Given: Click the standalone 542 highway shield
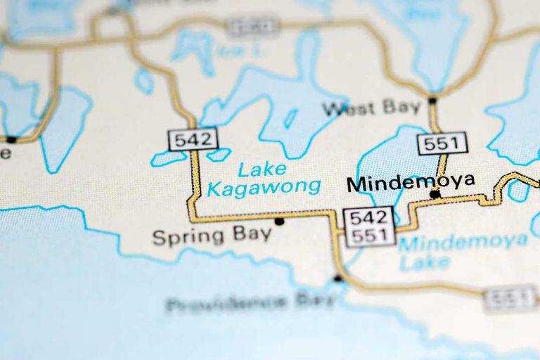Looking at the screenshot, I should click(193, 139).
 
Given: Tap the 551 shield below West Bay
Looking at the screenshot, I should click(442, 143).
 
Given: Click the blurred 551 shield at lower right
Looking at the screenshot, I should click(510, 298).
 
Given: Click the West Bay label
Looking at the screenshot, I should click(371, 108).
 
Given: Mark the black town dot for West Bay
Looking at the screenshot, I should click(432, 101).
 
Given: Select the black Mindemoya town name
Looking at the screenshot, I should click(411, 183).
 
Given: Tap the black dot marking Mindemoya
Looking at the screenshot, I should click(435, 194).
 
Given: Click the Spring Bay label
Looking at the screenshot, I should click(212, 236).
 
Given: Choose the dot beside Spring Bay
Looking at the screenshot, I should click(279, 221).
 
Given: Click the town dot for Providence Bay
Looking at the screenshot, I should click(337, 278).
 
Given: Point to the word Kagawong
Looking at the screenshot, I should click(264, 188).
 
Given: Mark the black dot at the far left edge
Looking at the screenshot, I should click(11, 139).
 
